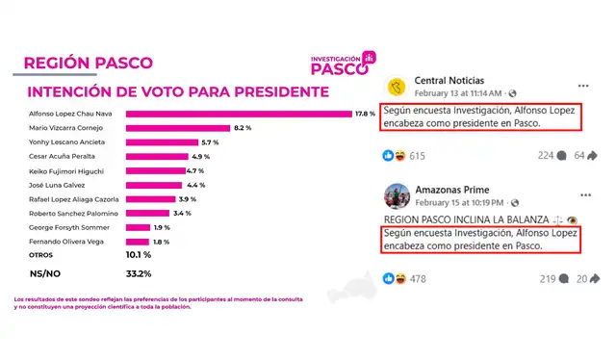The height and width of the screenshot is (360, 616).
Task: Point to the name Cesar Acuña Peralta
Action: click(x=65, y=156)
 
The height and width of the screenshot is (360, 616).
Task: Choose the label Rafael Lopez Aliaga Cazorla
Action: click(x=75, y=198)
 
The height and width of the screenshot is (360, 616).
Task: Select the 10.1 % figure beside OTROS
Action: click(x=140, y=255)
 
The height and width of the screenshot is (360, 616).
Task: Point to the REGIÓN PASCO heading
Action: click(x=88, y=63)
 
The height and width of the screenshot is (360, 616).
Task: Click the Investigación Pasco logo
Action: click(x=342, y=64)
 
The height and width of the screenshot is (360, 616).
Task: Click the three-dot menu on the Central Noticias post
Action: click(x=583, y=84)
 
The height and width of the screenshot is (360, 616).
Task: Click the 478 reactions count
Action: click(x=417, y=279)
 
